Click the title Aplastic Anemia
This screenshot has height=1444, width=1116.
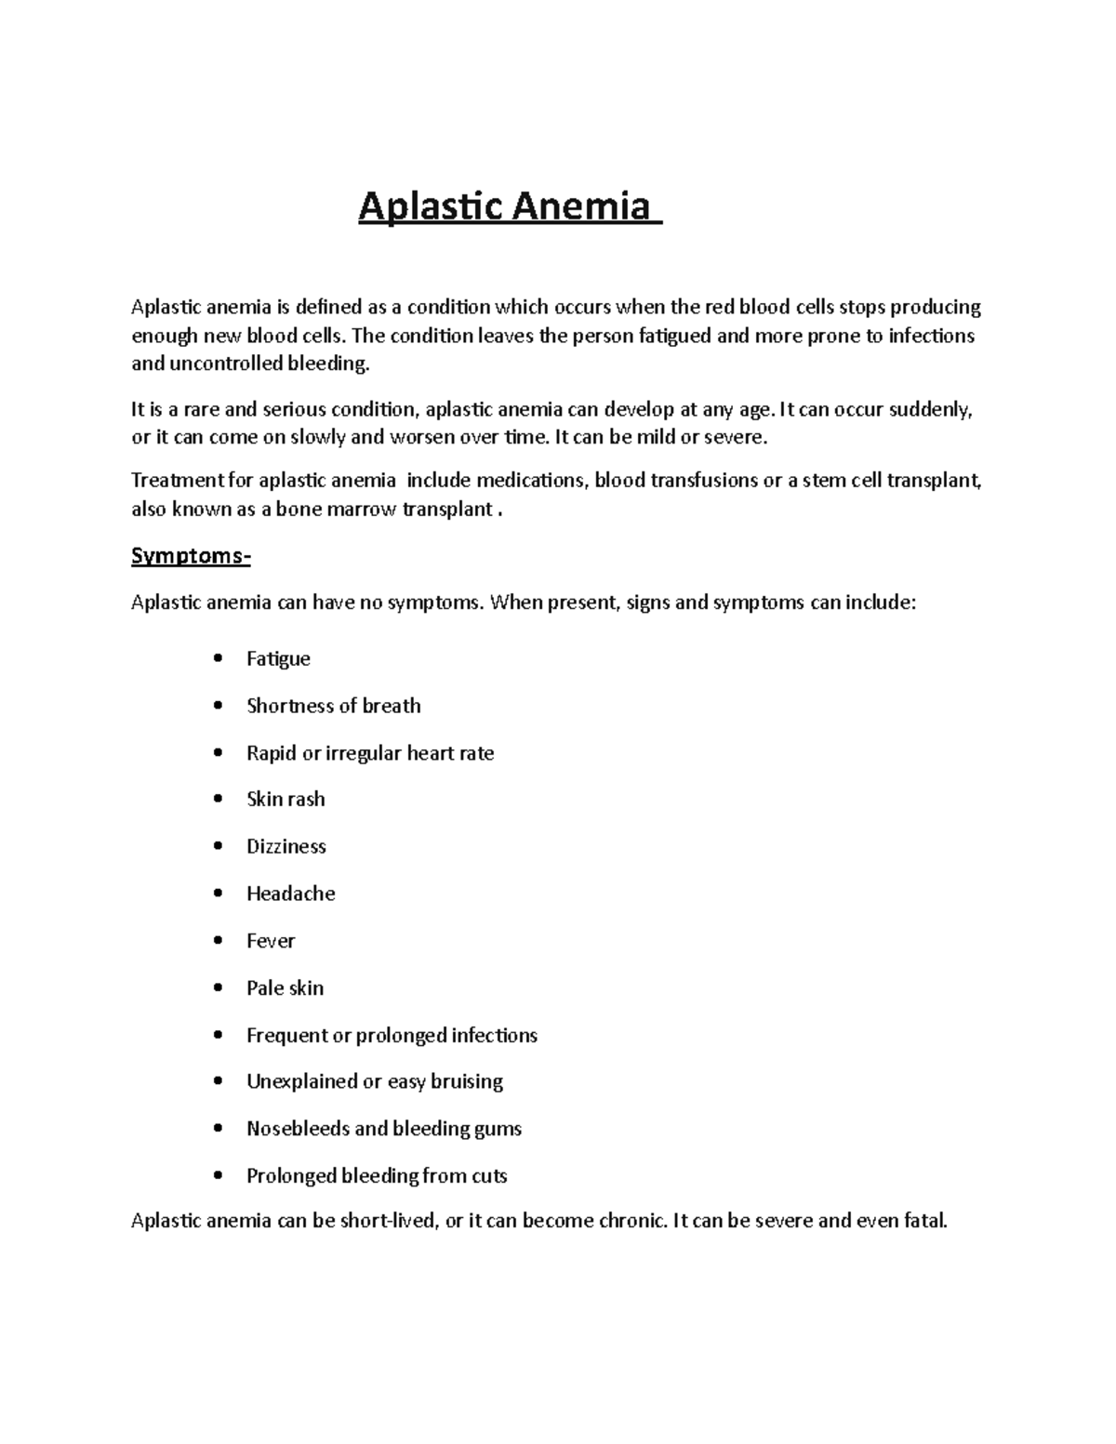509,206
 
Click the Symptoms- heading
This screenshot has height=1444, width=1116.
191,556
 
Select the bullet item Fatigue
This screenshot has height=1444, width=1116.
278,659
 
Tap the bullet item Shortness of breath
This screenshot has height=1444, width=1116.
333,706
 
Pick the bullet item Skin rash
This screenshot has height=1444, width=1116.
286,800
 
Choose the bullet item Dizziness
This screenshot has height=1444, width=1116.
286,846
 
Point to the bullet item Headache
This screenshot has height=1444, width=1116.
290,894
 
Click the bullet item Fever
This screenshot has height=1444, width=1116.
270,941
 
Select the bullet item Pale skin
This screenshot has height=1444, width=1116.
285,987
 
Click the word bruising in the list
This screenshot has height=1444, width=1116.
466,1081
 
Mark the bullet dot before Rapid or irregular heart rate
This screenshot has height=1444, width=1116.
218,752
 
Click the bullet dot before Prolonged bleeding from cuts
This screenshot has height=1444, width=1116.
218,1175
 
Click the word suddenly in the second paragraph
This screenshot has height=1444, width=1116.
930,410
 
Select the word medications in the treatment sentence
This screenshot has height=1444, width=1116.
532,481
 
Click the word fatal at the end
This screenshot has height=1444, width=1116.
925,1221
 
